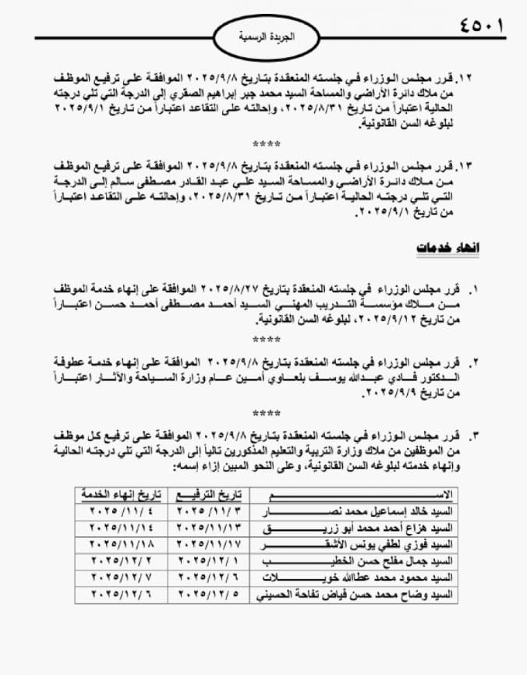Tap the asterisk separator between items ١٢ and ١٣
pos(266,145)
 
